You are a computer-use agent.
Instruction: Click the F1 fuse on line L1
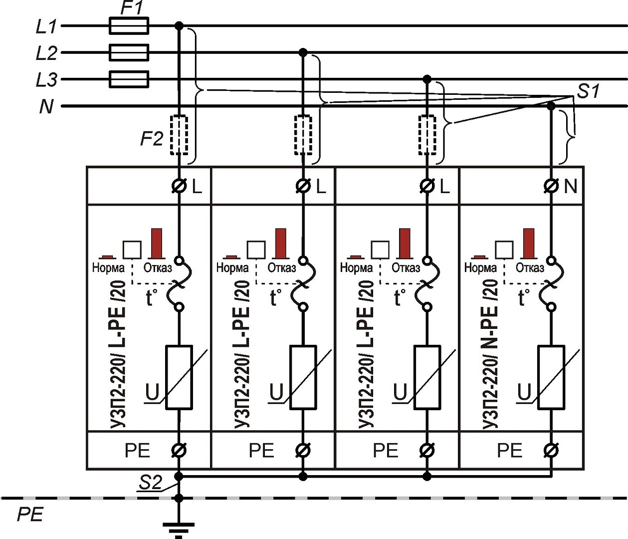128,25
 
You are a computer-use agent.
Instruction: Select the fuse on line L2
128,52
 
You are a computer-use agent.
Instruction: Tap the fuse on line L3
128,79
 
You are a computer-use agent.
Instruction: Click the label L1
46,26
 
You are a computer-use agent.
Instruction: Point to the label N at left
46,106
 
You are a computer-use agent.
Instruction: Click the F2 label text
151,138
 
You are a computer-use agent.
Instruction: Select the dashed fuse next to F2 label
179,135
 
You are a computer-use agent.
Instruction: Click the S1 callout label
589,91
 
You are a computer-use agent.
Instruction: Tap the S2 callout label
150,483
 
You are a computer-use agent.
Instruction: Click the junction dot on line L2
302,52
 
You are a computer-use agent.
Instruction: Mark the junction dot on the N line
551,106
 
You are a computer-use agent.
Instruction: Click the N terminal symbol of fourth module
551,186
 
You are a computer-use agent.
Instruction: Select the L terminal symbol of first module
179,186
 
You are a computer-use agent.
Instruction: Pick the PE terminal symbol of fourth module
551,450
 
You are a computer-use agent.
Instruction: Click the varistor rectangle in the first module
179,377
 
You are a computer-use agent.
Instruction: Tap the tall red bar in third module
405,243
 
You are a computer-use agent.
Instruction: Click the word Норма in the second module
232,268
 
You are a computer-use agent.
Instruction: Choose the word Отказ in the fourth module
530,268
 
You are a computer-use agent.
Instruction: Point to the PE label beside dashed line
30,515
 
